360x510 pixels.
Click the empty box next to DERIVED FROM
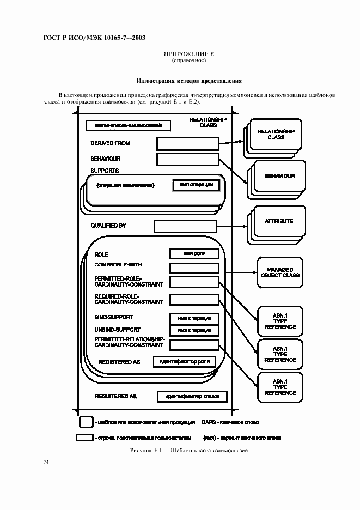tap(187, 143)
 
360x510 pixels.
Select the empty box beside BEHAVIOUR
tap(187, 159)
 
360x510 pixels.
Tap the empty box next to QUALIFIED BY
tap(186, 226)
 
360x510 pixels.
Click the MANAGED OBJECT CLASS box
tap(280, 272)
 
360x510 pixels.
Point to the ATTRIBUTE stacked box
tap(279, 222)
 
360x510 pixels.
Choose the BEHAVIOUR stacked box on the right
tap(279, 177)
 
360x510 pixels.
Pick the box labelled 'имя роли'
tap(194, 254)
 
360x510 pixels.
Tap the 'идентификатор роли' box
tap(184, 361)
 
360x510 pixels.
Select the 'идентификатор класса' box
tap(192, 397)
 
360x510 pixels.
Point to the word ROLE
tap(102, 254)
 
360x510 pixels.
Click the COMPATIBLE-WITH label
tap(118, 265)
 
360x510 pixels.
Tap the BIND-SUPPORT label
tap(114, 317)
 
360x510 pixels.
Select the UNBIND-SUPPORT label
tap(117, 330)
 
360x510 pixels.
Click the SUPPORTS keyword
tap(105, 171)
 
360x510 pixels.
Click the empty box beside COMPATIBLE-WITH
tap(194, 268)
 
